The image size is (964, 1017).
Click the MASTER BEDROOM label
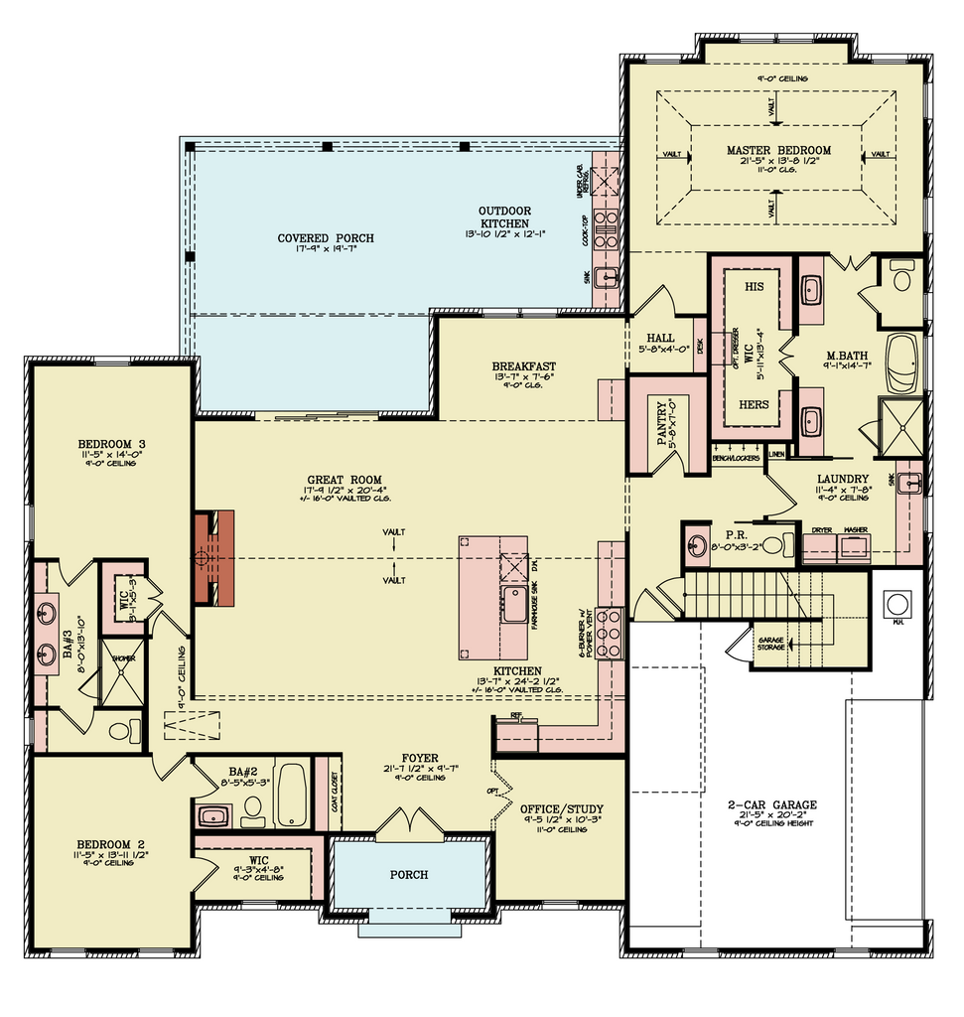(x=777, y=151)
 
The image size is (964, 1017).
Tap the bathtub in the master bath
(x=902, y=363)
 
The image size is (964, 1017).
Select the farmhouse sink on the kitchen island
(x=514, y=604)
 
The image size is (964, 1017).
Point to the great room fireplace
(x=214, y=558)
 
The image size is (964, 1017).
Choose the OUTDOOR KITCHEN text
(x=504, y=218)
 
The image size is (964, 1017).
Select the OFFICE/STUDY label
(x=561, y=808)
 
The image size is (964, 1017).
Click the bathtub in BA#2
(x=291, y=795)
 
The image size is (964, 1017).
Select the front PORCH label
(x=409, y=875)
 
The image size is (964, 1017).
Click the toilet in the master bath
(x=901, y=277)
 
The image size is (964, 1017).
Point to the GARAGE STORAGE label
(x=774, y=644)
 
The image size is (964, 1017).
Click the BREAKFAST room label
(x=523, y=365)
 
